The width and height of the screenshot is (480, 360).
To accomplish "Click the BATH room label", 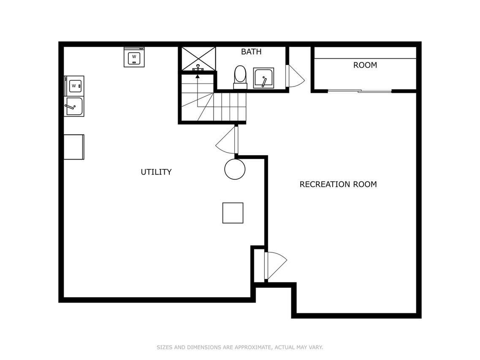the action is pos(251,52).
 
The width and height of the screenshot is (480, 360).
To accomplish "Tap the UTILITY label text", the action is pos(156,172).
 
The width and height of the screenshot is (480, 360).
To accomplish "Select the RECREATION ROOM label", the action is pos(338,184).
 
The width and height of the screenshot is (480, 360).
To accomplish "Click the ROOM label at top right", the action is pos(365,65).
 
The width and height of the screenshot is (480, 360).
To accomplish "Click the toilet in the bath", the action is pos(240,77).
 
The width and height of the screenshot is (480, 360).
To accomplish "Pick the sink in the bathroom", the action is pos(263,78).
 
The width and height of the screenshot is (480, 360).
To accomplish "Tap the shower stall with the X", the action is pos(199,59).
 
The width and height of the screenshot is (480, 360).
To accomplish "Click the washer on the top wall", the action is pos(134,57).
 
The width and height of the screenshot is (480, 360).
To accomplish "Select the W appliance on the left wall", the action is pos(74,86).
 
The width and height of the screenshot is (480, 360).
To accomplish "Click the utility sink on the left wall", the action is pos(74,106).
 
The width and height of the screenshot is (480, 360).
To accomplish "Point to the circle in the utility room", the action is pos(235,169).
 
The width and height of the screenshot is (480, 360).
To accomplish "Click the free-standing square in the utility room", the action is pos(233,213).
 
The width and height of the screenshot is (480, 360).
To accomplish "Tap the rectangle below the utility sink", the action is pos(74,147).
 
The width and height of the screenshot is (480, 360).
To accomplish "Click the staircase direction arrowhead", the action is pos(198,76).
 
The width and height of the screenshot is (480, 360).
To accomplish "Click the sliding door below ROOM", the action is pos(360,91).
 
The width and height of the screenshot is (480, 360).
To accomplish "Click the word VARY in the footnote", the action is pos(316,347).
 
